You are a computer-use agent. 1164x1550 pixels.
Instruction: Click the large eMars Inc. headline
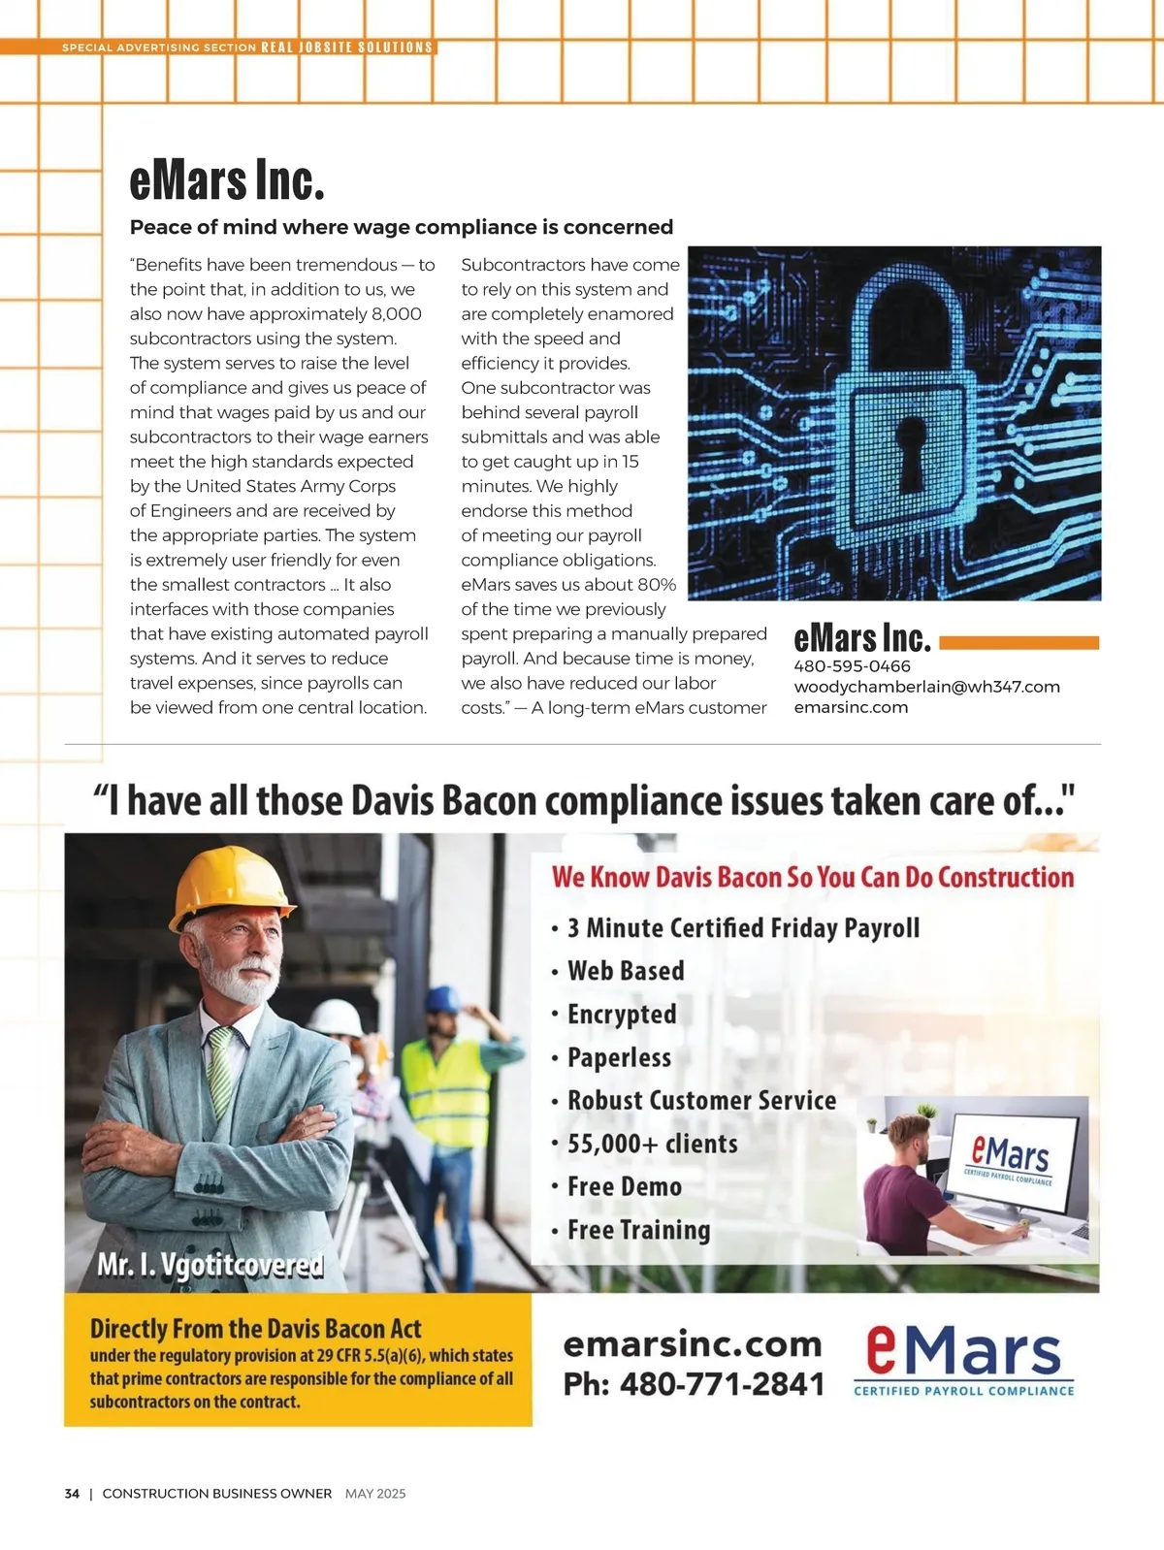click(227, 181)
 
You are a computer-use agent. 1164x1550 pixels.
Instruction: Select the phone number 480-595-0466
click(852, 666)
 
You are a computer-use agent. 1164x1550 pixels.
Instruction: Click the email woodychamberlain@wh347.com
click(926, 687)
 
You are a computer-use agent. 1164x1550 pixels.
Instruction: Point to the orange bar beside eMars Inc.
click(1018, 642)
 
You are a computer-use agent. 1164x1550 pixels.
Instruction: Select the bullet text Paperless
click(619, 1057)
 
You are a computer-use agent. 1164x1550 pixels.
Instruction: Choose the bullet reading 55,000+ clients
click(652, 1144)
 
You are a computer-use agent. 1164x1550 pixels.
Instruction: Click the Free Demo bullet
click(624, 1186)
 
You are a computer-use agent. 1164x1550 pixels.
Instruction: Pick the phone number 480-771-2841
click(694, 1384)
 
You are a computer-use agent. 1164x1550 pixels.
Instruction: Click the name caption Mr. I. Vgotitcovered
click(210, 1265)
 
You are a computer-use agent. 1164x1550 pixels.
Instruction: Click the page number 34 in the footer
click(72, 1494)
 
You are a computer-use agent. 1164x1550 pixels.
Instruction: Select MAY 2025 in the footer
click(375, 1494)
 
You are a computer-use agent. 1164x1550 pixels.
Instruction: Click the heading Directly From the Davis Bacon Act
click(256, 1328)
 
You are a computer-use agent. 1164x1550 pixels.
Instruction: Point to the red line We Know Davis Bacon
click(813, 877)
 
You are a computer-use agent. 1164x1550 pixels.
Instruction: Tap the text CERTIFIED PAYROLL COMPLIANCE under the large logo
click(963, 1391)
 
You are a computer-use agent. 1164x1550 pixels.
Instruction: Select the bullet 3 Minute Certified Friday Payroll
click(743, 928)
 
